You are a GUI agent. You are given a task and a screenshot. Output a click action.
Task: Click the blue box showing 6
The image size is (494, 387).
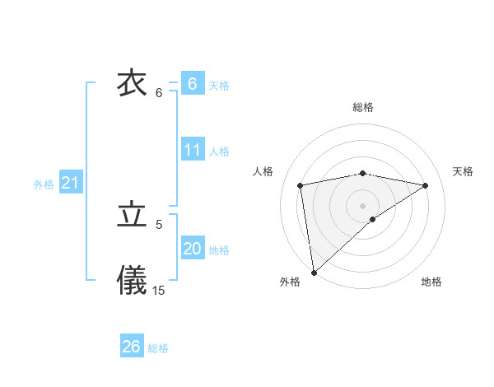tap(192, 84)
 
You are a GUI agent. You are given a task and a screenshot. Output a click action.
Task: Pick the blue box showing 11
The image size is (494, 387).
tap(192, 150)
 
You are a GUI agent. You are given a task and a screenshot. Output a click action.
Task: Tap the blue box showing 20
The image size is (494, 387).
tap(192, 249)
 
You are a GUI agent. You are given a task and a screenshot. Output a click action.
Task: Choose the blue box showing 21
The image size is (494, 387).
tap(70, 183)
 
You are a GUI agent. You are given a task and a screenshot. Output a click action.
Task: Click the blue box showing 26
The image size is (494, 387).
tap(132, 347)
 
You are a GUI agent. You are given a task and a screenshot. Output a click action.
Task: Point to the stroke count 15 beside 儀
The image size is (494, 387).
tap(159, 290)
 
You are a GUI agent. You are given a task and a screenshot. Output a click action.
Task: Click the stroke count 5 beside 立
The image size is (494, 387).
tap(159, 224)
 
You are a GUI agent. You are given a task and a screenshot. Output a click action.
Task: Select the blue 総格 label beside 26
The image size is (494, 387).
tap(158, 348)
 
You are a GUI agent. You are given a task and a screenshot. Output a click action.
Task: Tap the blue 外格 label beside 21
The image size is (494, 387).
tap(44, 184)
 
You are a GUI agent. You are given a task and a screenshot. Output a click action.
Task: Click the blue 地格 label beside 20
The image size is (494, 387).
tap(219, 250)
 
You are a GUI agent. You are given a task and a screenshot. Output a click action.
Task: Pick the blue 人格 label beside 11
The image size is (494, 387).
tap(219, 152)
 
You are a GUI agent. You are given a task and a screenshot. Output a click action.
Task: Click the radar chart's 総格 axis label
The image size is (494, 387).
tap(363, 107)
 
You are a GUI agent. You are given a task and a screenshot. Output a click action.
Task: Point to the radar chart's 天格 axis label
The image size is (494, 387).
tap(464, 171)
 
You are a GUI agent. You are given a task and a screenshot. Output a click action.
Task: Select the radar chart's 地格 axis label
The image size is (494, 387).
tap(431, 282)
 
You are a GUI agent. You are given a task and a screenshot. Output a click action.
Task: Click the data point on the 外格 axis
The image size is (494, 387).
tap(313, 273)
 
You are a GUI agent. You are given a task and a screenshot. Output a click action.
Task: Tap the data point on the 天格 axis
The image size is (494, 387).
tap(426, 185)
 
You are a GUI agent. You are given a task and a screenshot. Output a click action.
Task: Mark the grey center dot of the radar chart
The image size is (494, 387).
tap(363, 205)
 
